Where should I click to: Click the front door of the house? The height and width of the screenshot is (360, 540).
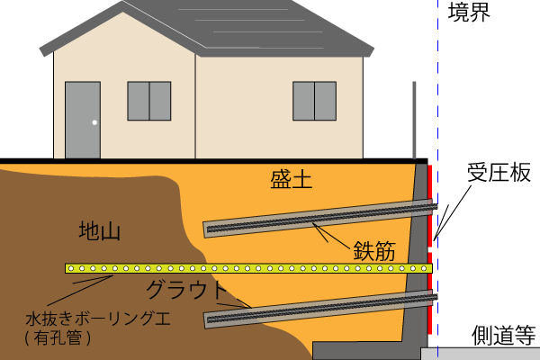point(82,119)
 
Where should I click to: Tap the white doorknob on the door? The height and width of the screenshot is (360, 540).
point(94,122)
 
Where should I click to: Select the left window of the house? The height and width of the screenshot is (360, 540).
point(148,101)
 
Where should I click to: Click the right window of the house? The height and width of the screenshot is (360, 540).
point(314,101)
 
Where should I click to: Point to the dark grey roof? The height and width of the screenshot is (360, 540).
point(225,27)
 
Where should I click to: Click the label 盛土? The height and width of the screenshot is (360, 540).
point(291,180)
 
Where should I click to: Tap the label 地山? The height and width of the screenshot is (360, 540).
point(100,231)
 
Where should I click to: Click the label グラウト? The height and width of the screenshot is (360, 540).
point(188,290)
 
